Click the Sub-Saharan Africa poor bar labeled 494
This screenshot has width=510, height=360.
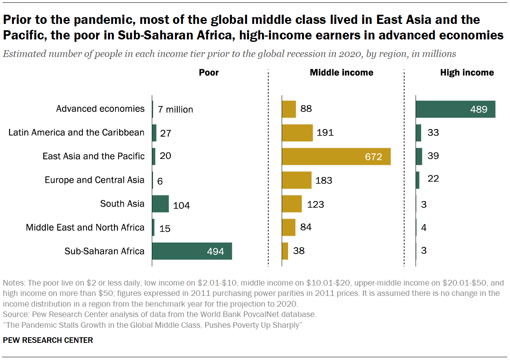tap(192, 251)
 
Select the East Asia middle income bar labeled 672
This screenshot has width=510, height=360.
tap(336, 157)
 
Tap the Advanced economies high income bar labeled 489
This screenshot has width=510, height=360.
tap(455, 109)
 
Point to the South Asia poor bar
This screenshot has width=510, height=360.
tap(161, 204)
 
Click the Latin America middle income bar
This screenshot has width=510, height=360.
tap(297, 133)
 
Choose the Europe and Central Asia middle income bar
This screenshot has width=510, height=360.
tap(296, 180)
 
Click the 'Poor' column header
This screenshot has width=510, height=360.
tap(209, 72)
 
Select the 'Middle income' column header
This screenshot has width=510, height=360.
tap(341, 72)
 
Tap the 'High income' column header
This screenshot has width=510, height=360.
tap(467, 72)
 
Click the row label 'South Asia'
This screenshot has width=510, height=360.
tap(122, 204)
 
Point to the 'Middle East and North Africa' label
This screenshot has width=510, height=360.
tap(85, 227)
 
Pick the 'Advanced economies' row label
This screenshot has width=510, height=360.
tap(100, 109)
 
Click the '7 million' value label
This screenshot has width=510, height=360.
tap(175, 110)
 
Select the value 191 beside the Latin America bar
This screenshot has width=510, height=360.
tap(325, 133)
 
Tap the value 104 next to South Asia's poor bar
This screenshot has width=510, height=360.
tap(181, 205)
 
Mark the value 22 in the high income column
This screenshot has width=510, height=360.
tap(433, 179)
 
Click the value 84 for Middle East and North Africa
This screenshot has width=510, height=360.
tap(306, 227)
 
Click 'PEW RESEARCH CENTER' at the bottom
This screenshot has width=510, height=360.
tap(48, 340)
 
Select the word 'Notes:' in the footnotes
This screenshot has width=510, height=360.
tap(14, 283)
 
